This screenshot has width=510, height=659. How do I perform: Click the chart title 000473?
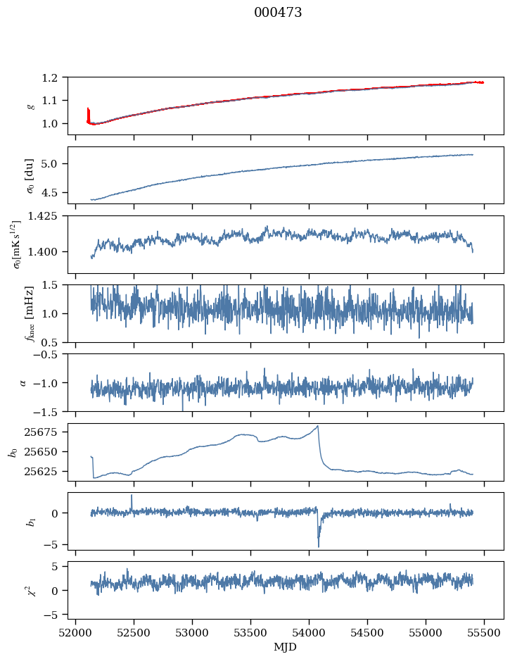(278, 13)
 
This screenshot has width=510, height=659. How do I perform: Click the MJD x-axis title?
(286, 647)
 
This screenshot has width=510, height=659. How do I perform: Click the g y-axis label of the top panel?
(30, 106)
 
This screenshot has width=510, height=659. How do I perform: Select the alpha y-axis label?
(24, 382)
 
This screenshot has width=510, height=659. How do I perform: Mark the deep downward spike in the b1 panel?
(318, 545)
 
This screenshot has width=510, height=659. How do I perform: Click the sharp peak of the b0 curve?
(318, 426)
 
